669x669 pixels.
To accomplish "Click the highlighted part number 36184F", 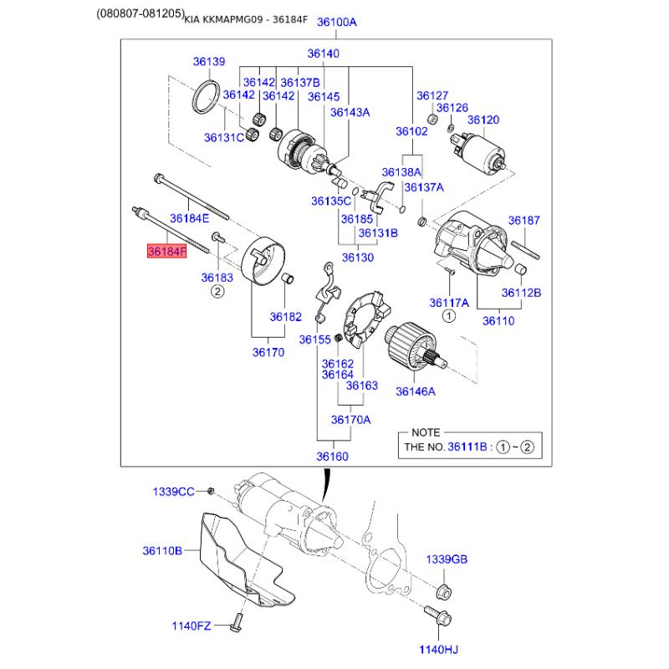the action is (x=166, y=252).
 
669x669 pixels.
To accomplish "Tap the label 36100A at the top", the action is (x=337, y=22).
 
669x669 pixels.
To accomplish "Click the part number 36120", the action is (x=483, y=120).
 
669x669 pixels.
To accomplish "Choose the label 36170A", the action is (x=350, y=420).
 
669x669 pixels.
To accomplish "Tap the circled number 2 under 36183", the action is (x=217, y=292).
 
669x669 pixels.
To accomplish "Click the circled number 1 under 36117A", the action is (x=449, y=316).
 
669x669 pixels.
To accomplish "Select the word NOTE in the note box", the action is (x=426, y=432).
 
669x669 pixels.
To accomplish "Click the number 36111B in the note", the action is (x=467, y=447).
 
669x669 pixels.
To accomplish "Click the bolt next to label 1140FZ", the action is (x=236, y=623).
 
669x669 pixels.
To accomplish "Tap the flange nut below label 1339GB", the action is (x=444, y=591).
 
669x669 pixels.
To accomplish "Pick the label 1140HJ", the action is (x=438, y=650).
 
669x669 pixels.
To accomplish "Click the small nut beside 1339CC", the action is (x=211, y=491).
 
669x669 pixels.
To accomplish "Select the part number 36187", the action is (x=524, y=220).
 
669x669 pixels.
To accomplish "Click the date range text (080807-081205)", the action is (x=140, y=13).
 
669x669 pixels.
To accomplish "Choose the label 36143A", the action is (x=350, y=112).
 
